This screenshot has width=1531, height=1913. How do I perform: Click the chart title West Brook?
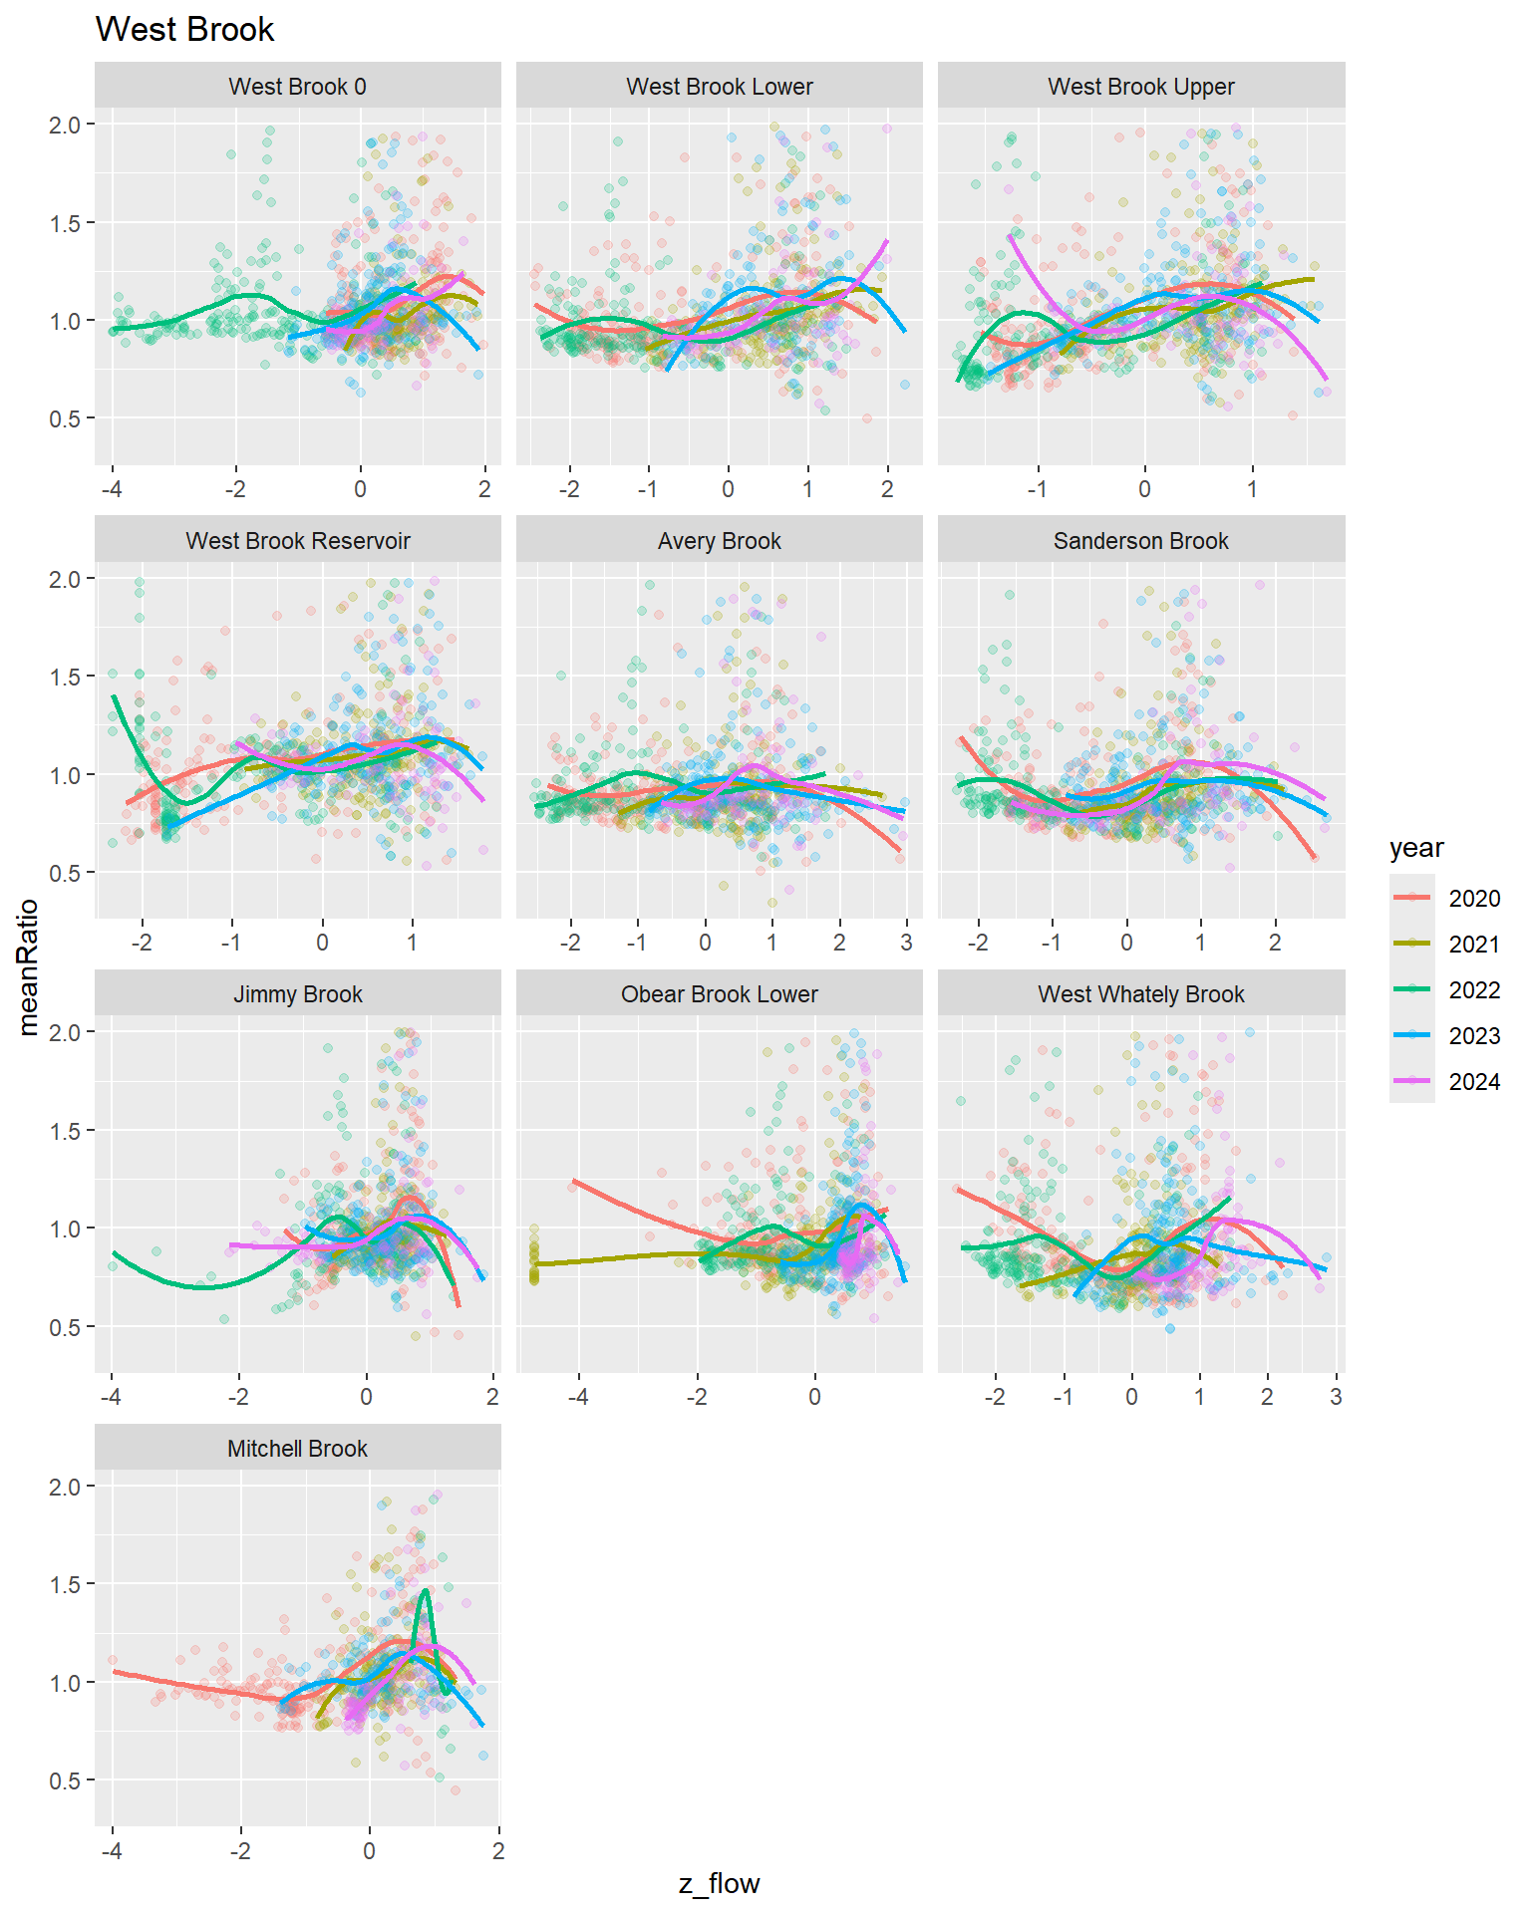point(184,30)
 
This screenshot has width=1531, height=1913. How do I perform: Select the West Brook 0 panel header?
point(297,87)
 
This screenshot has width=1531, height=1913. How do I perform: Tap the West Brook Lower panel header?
point(719,87)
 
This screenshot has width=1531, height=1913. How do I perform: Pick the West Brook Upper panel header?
point(1140,87)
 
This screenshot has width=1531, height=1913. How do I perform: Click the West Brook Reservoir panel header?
point(297,541)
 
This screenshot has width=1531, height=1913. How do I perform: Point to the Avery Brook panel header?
point(719,541)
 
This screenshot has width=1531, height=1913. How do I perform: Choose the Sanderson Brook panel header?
point(1140,541)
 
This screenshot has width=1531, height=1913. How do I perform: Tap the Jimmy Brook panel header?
point(297,994)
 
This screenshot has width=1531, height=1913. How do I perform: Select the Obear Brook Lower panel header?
point(719,994)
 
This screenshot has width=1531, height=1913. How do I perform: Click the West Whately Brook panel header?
point(1140,994)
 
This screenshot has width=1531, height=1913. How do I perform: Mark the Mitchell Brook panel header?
point(297,1449)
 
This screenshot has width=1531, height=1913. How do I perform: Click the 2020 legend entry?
point(1473,899)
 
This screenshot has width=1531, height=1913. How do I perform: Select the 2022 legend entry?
point(1473,990)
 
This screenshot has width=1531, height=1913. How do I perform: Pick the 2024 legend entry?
point(1473,1082)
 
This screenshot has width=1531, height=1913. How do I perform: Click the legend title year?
point(1416,848)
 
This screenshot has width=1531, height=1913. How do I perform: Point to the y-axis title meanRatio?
point(28,967)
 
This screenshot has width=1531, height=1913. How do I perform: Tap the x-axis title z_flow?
point(719,1883)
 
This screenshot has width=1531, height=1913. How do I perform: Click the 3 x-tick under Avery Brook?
point(906,943)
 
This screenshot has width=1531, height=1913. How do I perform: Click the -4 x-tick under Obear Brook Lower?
point(578,1397)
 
